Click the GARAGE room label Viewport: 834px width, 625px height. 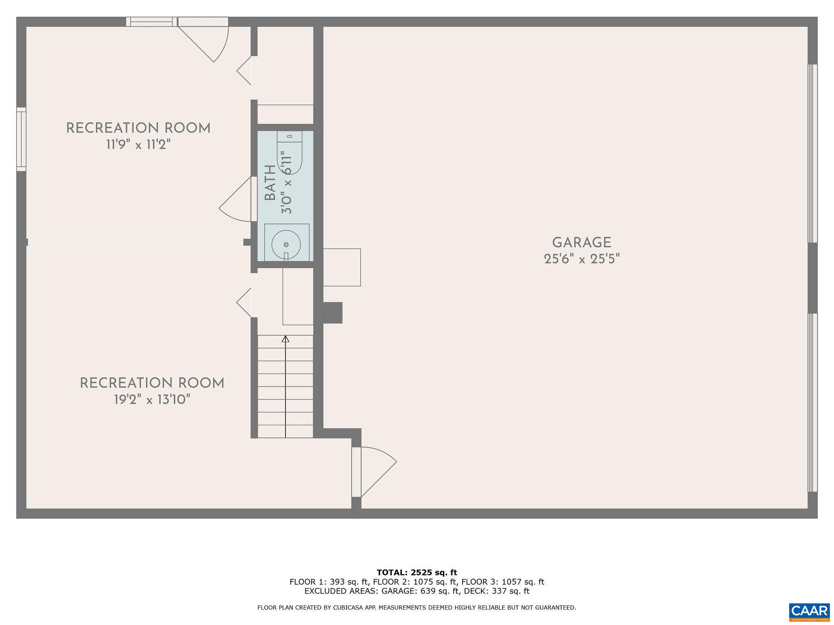[x=582, y=243]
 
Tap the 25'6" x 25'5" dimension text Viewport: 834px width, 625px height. [x=582, y=259]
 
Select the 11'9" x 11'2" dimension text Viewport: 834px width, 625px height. [x=138, y=145]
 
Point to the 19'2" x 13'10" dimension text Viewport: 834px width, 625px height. [x=152, y=400]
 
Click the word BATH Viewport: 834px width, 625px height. [x=270, y=183]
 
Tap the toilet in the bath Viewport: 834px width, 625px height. [x=290, y=153]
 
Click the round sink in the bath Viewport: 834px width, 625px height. [x=286, y=244]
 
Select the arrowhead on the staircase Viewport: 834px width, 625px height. [x=285, y=339]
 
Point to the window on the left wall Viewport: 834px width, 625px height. [x=21, y=139]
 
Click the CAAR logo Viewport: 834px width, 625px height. [x=809, y=612]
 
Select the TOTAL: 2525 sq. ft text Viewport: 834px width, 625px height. [x=417, y=573]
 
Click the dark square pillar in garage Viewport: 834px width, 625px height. [x=333, y=312]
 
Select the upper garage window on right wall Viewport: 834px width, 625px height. [x=812, y=153]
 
